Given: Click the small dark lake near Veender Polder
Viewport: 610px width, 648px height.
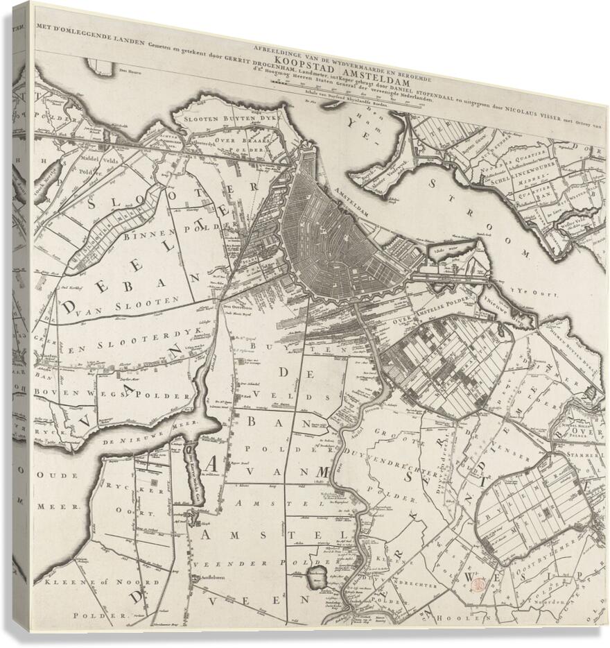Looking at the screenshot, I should tap(317, 575).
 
